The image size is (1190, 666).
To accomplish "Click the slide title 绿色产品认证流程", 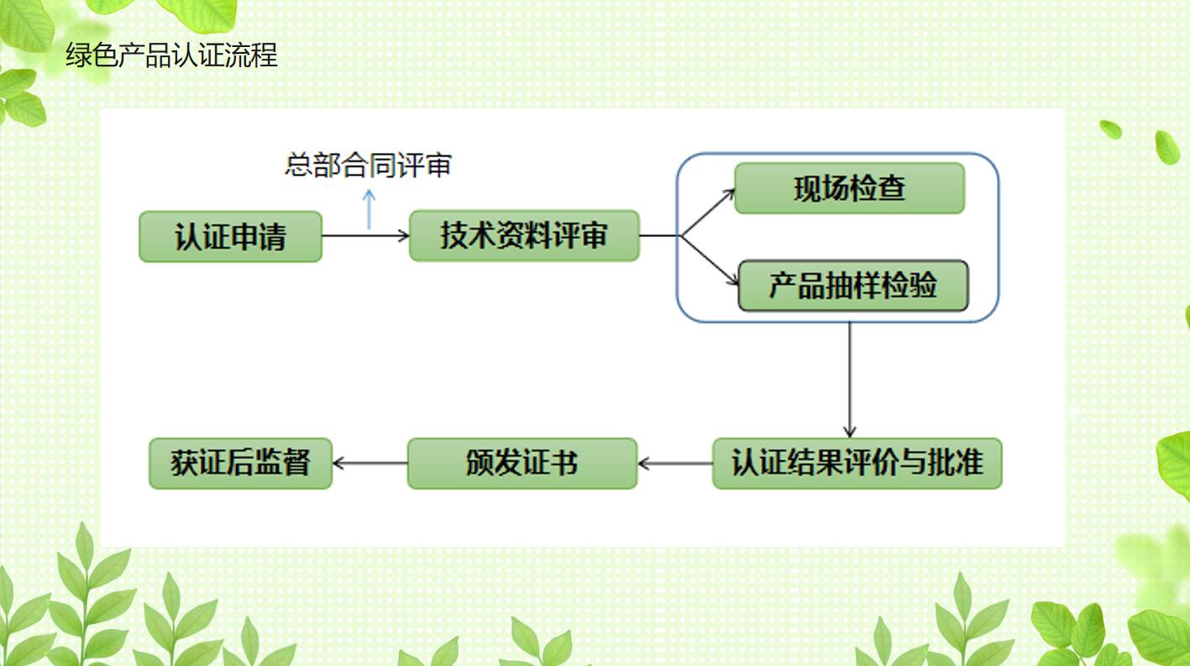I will coord(171,56).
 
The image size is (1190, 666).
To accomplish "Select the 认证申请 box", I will coord(230,237).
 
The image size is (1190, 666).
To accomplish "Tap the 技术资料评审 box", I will coord(524,236).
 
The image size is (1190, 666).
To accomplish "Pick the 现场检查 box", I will coord(849,188).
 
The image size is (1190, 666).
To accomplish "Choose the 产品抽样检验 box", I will coord(852,286).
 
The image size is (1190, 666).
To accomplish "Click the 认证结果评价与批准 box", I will coord(857,463).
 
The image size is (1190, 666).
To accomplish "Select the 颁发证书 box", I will coord(522,463).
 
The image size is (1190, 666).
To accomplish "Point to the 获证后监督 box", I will coord(240,463).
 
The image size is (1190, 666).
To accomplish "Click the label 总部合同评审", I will coord(368,165).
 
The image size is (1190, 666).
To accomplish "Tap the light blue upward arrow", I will coord(369,209).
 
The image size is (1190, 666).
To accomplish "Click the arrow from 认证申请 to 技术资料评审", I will coord(365,236).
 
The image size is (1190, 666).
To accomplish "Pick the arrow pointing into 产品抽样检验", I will coord(710,261).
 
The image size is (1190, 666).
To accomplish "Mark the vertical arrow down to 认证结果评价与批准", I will coord(850,378).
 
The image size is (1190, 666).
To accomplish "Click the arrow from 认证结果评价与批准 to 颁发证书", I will coord(674,463).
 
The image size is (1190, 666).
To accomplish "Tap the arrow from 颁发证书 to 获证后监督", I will coord(370,463).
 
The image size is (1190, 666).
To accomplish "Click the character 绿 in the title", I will coord(78,56).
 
